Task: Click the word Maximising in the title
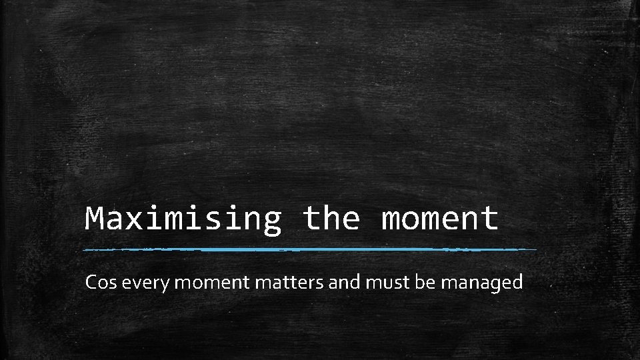[183, 218]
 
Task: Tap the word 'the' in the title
[331, 218]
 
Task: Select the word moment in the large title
[439, 218]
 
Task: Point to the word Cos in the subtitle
[101, 283]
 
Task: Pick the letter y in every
[169, 285]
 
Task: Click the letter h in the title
[331, 217]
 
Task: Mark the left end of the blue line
[83, 250]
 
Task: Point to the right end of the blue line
[535, 249]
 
